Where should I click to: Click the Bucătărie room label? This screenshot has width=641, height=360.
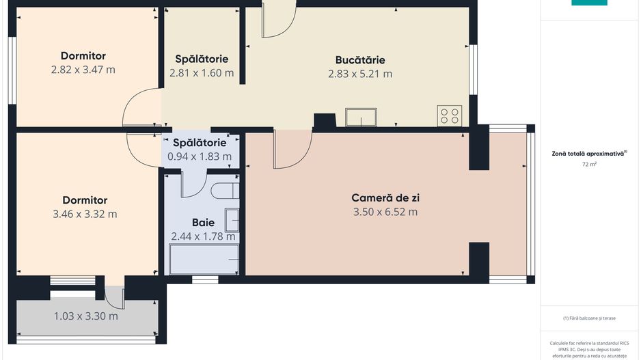click(x=360, y=59)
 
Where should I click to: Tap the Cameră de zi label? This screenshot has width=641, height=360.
click(x=385, y=197)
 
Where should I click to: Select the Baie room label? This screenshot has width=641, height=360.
click(x=203, y=222)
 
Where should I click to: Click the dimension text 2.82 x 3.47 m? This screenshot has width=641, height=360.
click(x=83, y=70)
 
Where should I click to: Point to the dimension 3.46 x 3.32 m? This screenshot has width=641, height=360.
click(x=85, y=214)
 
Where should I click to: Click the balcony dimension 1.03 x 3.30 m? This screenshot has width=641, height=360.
click(x=85, y=316)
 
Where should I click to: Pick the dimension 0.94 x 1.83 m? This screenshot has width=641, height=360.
click(x=200, y=156)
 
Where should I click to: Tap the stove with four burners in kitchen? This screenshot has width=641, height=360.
click(x=450, y=115)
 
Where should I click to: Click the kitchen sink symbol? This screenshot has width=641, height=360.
click(x=361, y=117)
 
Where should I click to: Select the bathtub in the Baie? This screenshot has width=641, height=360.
click(x=204, y=259)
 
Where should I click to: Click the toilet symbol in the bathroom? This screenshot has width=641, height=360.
click(x=224, y=190)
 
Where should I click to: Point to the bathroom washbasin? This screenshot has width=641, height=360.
click(x=233, y=221)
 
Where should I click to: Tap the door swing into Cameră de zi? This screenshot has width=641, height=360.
click(x=291, y=150)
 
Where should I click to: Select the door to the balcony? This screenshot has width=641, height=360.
click(x=115, y=294)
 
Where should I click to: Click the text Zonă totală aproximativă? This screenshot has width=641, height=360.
click(x=588, y=154)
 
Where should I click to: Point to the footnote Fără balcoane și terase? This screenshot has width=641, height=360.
click(x=589, y=318)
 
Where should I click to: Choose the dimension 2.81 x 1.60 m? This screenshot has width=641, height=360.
click(x=202, y=73)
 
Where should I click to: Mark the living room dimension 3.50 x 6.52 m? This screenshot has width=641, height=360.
click(x=385, y=212)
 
